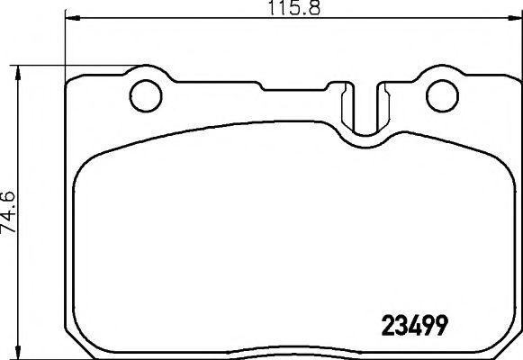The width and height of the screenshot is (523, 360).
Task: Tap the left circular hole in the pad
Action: tap(144, 93)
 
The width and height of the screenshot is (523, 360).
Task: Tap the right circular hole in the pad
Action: tap(441, 93)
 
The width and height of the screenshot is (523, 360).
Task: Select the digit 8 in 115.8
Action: tap(317, 8)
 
